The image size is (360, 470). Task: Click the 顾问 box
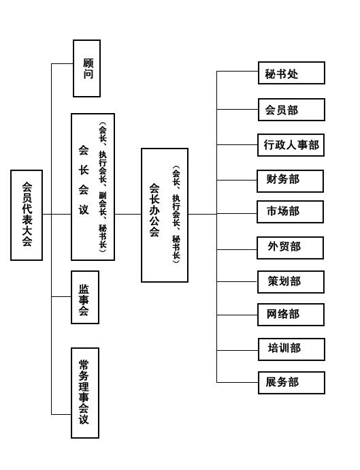(87, 68)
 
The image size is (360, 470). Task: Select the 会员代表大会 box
(27, 215)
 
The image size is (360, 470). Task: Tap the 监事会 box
(85, 298)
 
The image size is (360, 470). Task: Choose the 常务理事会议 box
(85, 393)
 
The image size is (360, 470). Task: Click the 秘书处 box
(291, 73)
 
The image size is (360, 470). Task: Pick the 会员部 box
(291, 110)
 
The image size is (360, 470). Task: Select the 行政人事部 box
(291, 145)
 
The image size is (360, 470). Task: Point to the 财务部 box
(290, 181)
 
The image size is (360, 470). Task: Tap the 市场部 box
(290, 212)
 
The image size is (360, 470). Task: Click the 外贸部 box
(290, 248)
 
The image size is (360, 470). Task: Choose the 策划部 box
(291, 282)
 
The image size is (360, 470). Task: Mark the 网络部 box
(291, 315)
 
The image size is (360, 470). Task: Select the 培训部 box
(291, 349)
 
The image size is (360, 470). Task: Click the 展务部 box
(291, 383)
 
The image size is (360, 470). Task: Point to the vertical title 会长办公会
(154, 210)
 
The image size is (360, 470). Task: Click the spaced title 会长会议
(84, 180)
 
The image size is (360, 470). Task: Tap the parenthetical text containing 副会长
(103, 187)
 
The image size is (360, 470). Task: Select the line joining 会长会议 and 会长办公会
(128, 215)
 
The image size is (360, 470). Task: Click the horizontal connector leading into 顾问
(63, 63)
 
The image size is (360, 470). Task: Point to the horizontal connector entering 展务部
(238, 383)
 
